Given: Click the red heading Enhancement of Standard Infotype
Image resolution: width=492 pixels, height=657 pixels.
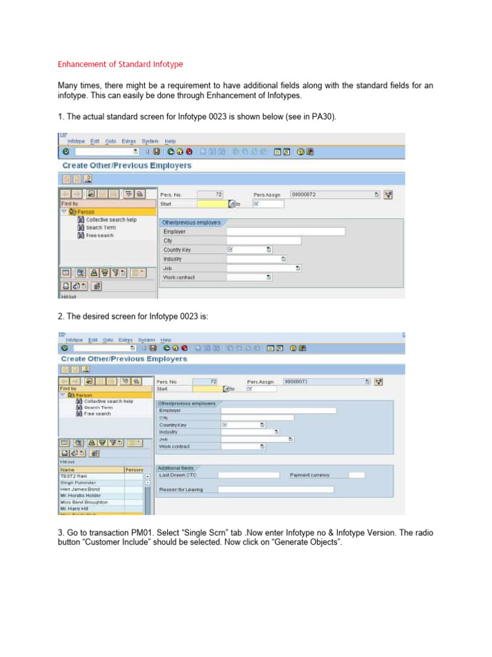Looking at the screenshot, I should pyautogui.click(x=120, y=64).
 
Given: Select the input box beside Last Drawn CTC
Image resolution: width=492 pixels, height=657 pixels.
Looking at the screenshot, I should pyautogui.click(x=249, y=475).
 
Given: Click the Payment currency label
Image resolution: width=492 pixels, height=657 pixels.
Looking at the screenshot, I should pyautogui.click(x=310, y=475).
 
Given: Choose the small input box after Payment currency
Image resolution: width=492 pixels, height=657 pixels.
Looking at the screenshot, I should pyautogui.click(x=357, y=475).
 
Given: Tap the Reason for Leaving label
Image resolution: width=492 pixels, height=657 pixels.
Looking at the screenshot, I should pyautogui.click(x=182, y=490).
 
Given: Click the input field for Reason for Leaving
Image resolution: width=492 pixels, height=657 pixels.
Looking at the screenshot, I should pyautogui.click(x=275, y=490).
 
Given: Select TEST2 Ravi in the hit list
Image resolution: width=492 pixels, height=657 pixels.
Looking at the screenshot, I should pyautogui.click(x=73, y=477).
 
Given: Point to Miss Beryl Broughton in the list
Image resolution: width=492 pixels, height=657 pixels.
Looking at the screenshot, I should pyautogui.click(x=84, y=502).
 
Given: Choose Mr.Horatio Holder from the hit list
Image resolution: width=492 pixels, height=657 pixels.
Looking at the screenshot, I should pyautogui.click(x=81, y=496).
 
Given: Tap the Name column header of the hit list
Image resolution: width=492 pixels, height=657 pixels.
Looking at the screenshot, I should pyautogui.click(x=67, y=470).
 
